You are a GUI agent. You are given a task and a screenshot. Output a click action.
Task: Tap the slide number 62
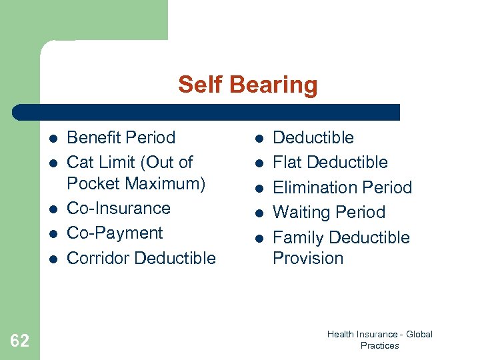(20, 341)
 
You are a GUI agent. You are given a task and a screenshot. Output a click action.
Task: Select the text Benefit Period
(121, 138)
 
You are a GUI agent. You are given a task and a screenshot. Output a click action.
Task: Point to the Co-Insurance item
(119, 208)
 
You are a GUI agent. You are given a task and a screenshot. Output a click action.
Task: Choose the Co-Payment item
(115, 233)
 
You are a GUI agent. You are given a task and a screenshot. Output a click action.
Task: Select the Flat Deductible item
(330, 162)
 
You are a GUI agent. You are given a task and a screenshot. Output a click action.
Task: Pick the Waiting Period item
(329, 212)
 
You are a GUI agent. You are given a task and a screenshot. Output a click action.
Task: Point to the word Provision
(308, 258)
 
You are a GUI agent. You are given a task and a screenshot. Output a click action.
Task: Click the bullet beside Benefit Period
(53, 139)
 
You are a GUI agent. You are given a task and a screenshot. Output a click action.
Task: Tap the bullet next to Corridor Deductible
(53, 259)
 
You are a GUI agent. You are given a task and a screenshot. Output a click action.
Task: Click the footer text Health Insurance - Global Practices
(379, 340)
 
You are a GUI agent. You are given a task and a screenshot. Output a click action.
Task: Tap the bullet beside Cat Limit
(53, 163)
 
